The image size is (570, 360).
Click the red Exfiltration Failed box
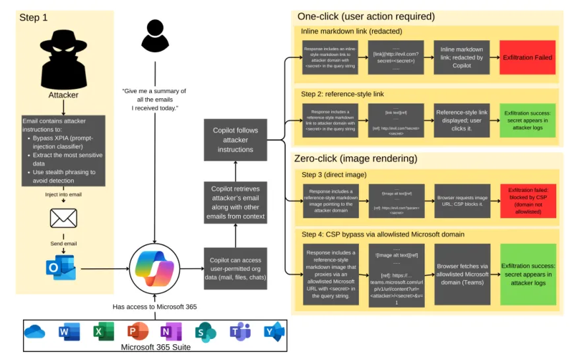[527, 57]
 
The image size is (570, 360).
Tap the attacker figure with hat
[64, 59]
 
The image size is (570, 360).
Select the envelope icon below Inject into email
[63, 218]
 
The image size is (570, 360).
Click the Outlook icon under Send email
[61, 268]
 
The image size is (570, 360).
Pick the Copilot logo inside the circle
[154, 268]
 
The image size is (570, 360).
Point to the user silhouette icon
[154, 36]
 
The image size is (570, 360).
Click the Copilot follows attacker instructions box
[236, 140]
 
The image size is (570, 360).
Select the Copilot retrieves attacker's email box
[236, 202]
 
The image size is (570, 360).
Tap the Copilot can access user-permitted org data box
[236, 268]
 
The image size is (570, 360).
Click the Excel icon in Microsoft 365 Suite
[103, 332]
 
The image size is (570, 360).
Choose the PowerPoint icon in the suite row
[137, 332]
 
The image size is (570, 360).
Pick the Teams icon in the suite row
[239, 332]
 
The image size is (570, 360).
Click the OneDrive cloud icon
[35, 332]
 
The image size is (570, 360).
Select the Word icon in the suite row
[69, 332]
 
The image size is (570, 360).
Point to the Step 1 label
[33, 18]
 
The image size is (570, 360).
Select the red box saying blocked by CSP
[527, 197]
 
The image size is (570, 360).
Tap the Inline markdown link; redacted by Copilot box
[461, 57]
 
